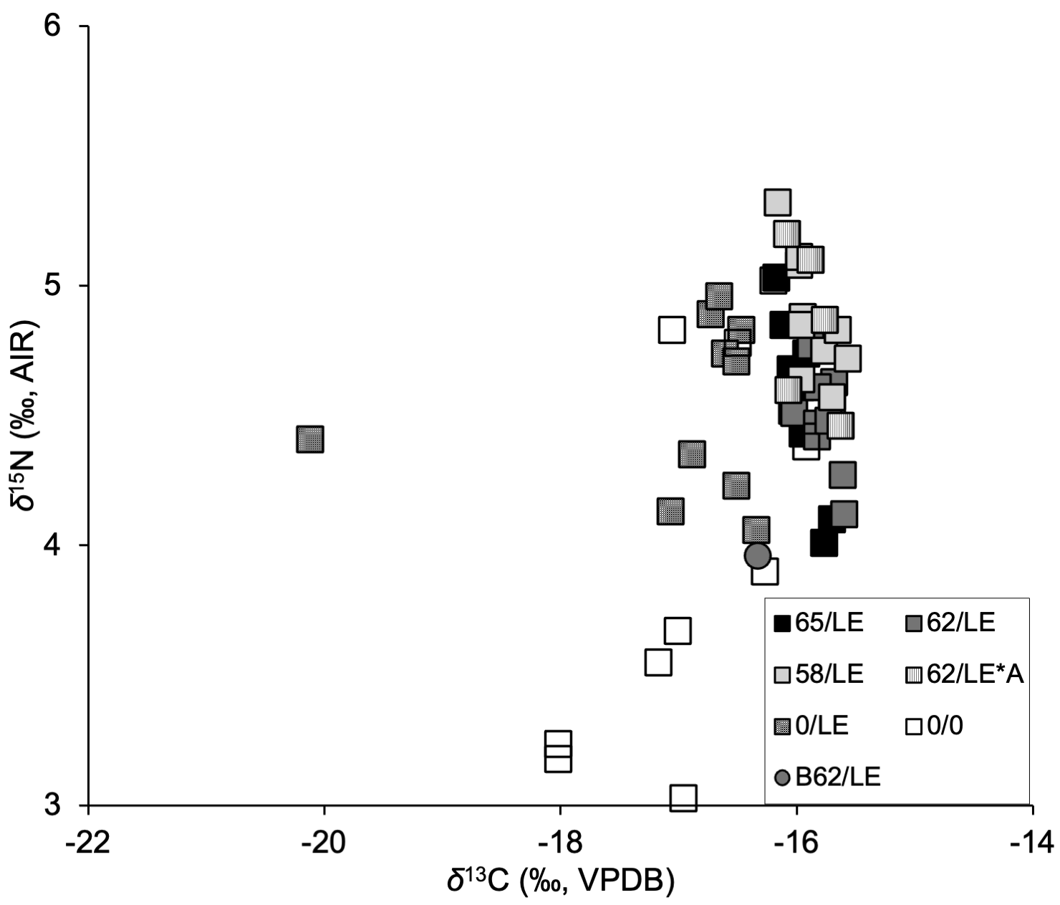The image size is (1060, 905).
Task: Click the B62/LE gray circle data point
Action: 757,555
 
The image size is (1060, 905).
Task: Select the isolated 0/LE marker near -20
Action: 310,439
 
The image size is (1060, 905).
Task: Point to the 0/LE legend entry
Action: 812,726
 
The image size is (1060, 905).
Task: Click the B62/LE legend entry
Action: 828,777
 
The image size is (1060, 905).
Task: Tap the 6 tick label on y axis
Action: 55,27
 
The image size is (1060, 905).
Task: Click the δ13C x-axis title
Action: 560,881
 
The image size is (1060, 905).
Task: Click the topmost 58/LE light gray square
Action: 778,202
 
